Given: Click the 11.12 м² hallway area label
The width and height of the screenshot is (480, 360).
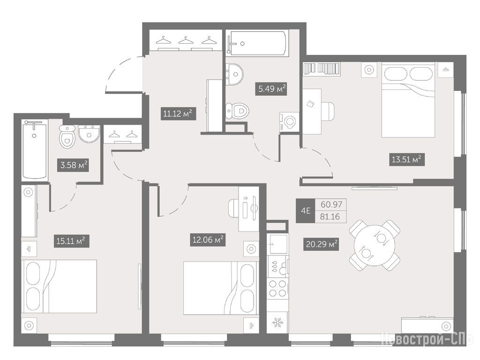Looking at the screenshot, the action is pyautogui.click(x=178, y=114).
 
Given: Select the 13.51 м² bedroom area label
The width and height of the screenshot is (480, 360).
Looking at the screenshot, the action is pyautogui.click(x=406, y=159).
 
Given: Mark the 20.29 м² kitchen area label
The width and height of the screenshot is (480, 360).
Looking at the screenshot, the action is pyautogui.click(x=322, y=244).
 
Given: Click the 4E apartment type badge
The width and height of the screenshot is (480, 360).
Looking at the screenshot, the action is pyautogui.click(x=306, y=210).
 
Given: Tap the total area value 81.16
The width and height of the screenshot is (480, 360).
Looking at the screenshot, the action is pyautogui.click(x=330, y=217).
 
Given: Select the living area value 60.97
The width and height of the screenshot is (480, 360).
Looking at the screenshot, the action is pyautogui.click(x=331, y=204).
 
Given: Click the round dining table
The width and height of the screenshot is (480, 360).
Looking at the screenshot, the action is pyautogui.click(x=375, y=245).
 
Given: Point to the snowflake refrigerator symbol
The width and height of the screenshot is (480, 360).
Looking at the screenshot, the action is pyautogui.click(x=278, y=322).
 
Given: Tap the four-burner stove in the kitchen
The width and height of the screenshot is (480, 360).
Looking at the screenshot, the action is pyautogui.click(x=278, y=289).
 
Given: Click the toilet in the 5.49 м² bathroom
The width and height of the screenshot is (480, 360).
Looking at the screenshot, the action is pyautogui.click(x=237, y=111).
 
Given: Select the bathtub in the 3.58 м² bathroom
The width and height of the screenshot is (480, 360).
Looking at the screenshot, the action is pyautogui.click(x=35, y=150).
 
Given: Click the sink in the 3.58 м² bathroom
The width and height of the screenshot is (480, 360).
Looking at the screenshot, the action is pyautogui.click(x=89, y=134).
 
